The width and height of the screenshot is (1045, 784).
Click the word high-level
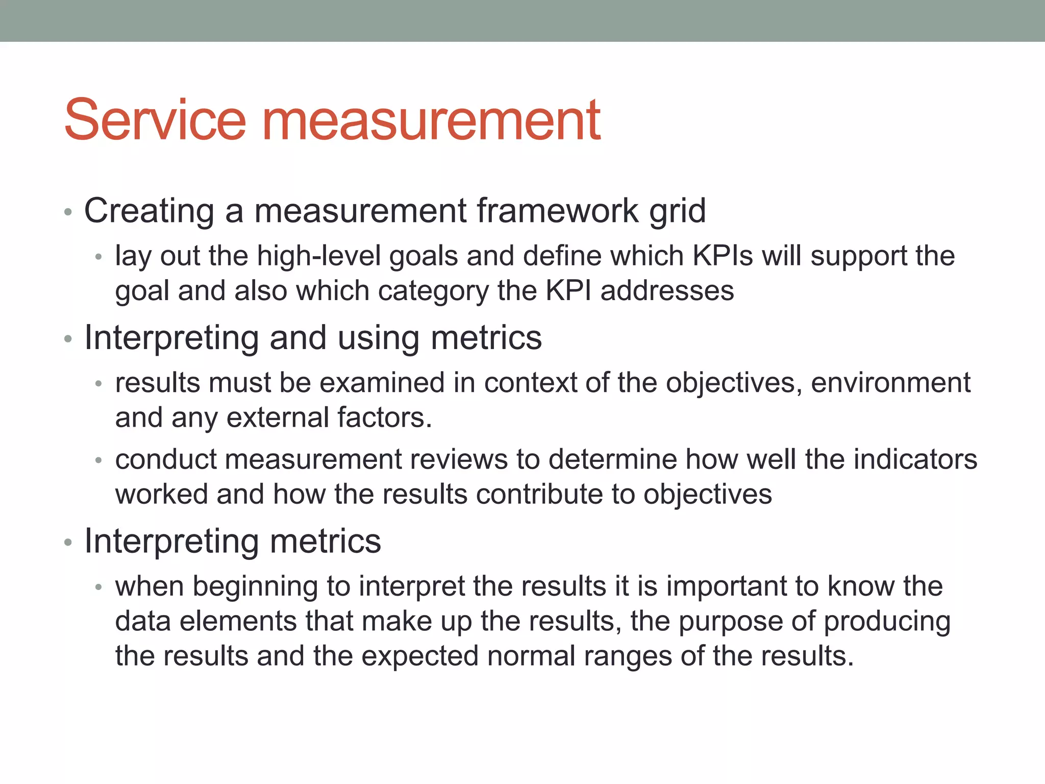pyautogui.click(x=318, y=256)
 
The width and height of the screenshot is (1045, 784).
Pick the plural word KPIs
pyautogui.click(x=723, y=256)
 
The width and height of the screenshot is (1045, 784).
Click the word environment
pyautogui.click(x=890, y=383)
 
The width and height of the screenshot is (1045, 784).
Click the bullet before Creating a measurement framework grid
pyautogui.click(x=68, y=212)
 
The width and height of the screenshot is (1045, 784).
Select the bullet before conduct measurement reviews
pyautogui.click(x=99, y=460)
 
